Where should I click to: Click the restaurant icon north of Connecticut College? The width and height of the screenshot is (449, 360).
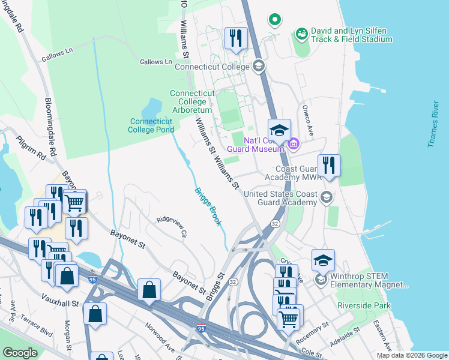235,38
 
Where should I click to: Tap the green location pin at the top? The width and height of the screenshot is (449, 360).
275,20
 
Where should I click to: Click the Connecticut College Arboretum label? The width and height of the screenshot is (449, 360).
191,101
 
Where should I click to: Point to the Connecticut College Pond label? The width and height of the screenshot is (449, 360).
152,125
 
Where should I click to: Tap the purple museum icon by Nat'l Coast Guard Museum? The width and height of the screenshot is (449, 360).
294,144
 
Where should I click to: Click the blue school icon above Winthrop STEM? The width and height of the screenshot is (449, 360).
323,260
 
